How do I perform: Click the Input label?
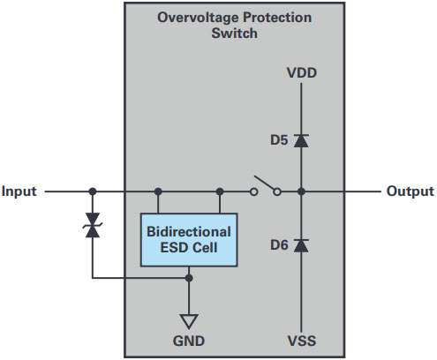point(19,191)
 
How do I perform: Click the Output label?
point(411,191)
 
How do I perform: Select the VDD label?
point(302,73)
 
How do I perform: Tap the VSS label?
point(302,341)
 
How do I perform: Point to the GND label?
point(189,341)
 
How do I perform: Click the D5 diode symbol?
point(301,140)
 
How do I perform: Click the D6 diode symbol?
point(301,245)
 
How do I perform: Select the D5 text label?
point(279,140)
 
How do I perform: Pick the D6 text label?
point(279,245)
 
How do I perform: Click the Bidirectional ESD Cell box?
point(189,240)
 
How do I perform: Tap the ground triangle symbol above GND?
point(189,321)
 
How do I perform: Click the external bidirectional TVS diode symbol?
point(93,225)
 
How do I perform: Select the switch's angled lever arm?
point(265,183)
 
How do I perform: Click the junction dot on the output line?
point(301,191)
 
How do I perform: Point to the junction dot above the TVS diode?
point(93,191)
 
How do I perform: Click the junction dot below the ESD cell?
point(189,278)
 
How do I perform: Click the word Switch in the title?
point(234,33)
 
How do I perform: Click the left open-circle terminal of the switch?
point(254,192)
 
